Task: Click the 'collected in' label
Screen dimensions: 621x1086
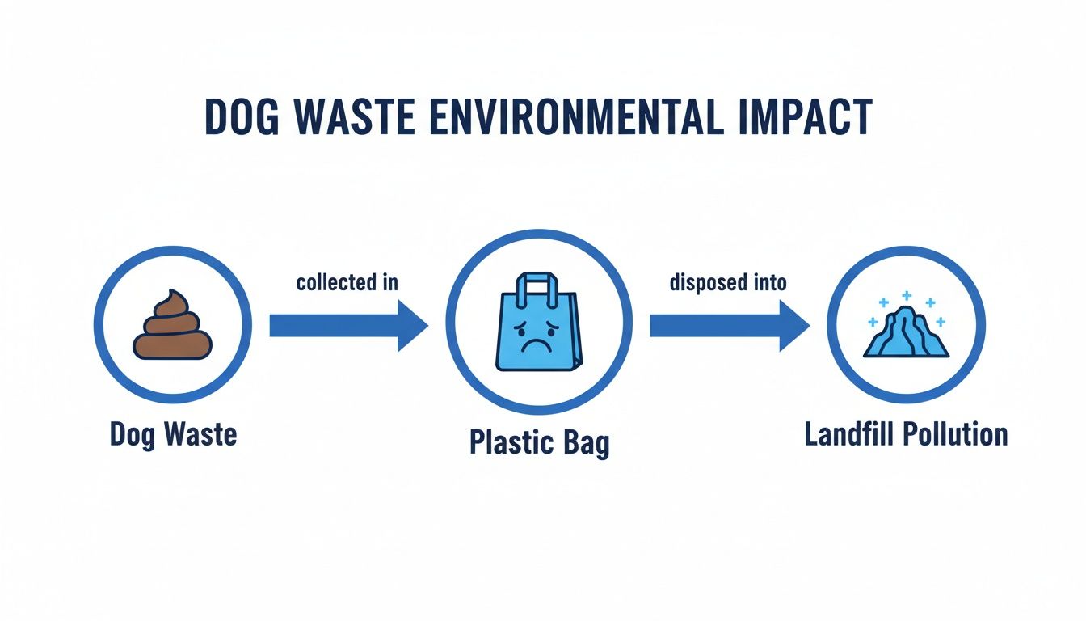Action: tap(347, 283)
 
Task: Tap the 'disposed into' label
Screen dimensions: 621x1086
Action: tap(728, 283)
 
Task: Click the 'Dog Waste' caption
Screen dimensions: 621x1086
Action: tap(173, 434)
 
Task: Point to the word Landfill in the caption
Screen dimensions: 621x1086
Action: tap(849, 434)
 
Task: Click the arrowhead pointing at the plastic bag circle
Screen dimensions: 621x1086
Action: tap(413, 326)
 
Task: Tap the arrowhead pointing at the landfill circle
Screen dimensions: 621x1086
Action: tap(794, 326)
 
